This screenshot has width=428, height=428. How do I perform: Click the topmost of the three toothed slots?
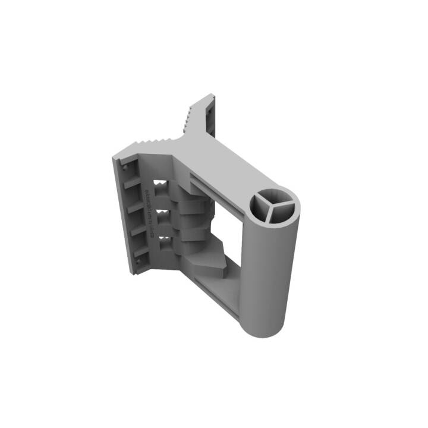[x=160, y=185]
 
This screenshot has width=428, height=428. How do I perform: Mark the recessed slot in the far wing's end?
[x=210, y=119]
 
